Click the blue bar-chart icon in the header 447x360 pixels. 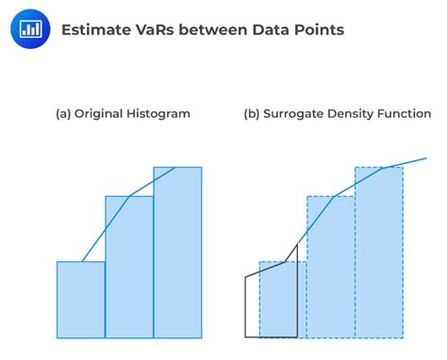tap(29, 29)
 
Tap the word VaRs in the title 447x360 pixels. tap(156, 30)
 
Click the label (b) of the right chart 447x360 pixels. tap(252, 114)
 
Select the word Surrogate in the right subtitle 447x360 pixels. tap(297, 114)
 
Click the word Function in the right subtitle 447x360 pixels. tap(411, 114)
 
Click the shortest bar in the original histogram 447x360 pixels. tap(81, 300)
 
